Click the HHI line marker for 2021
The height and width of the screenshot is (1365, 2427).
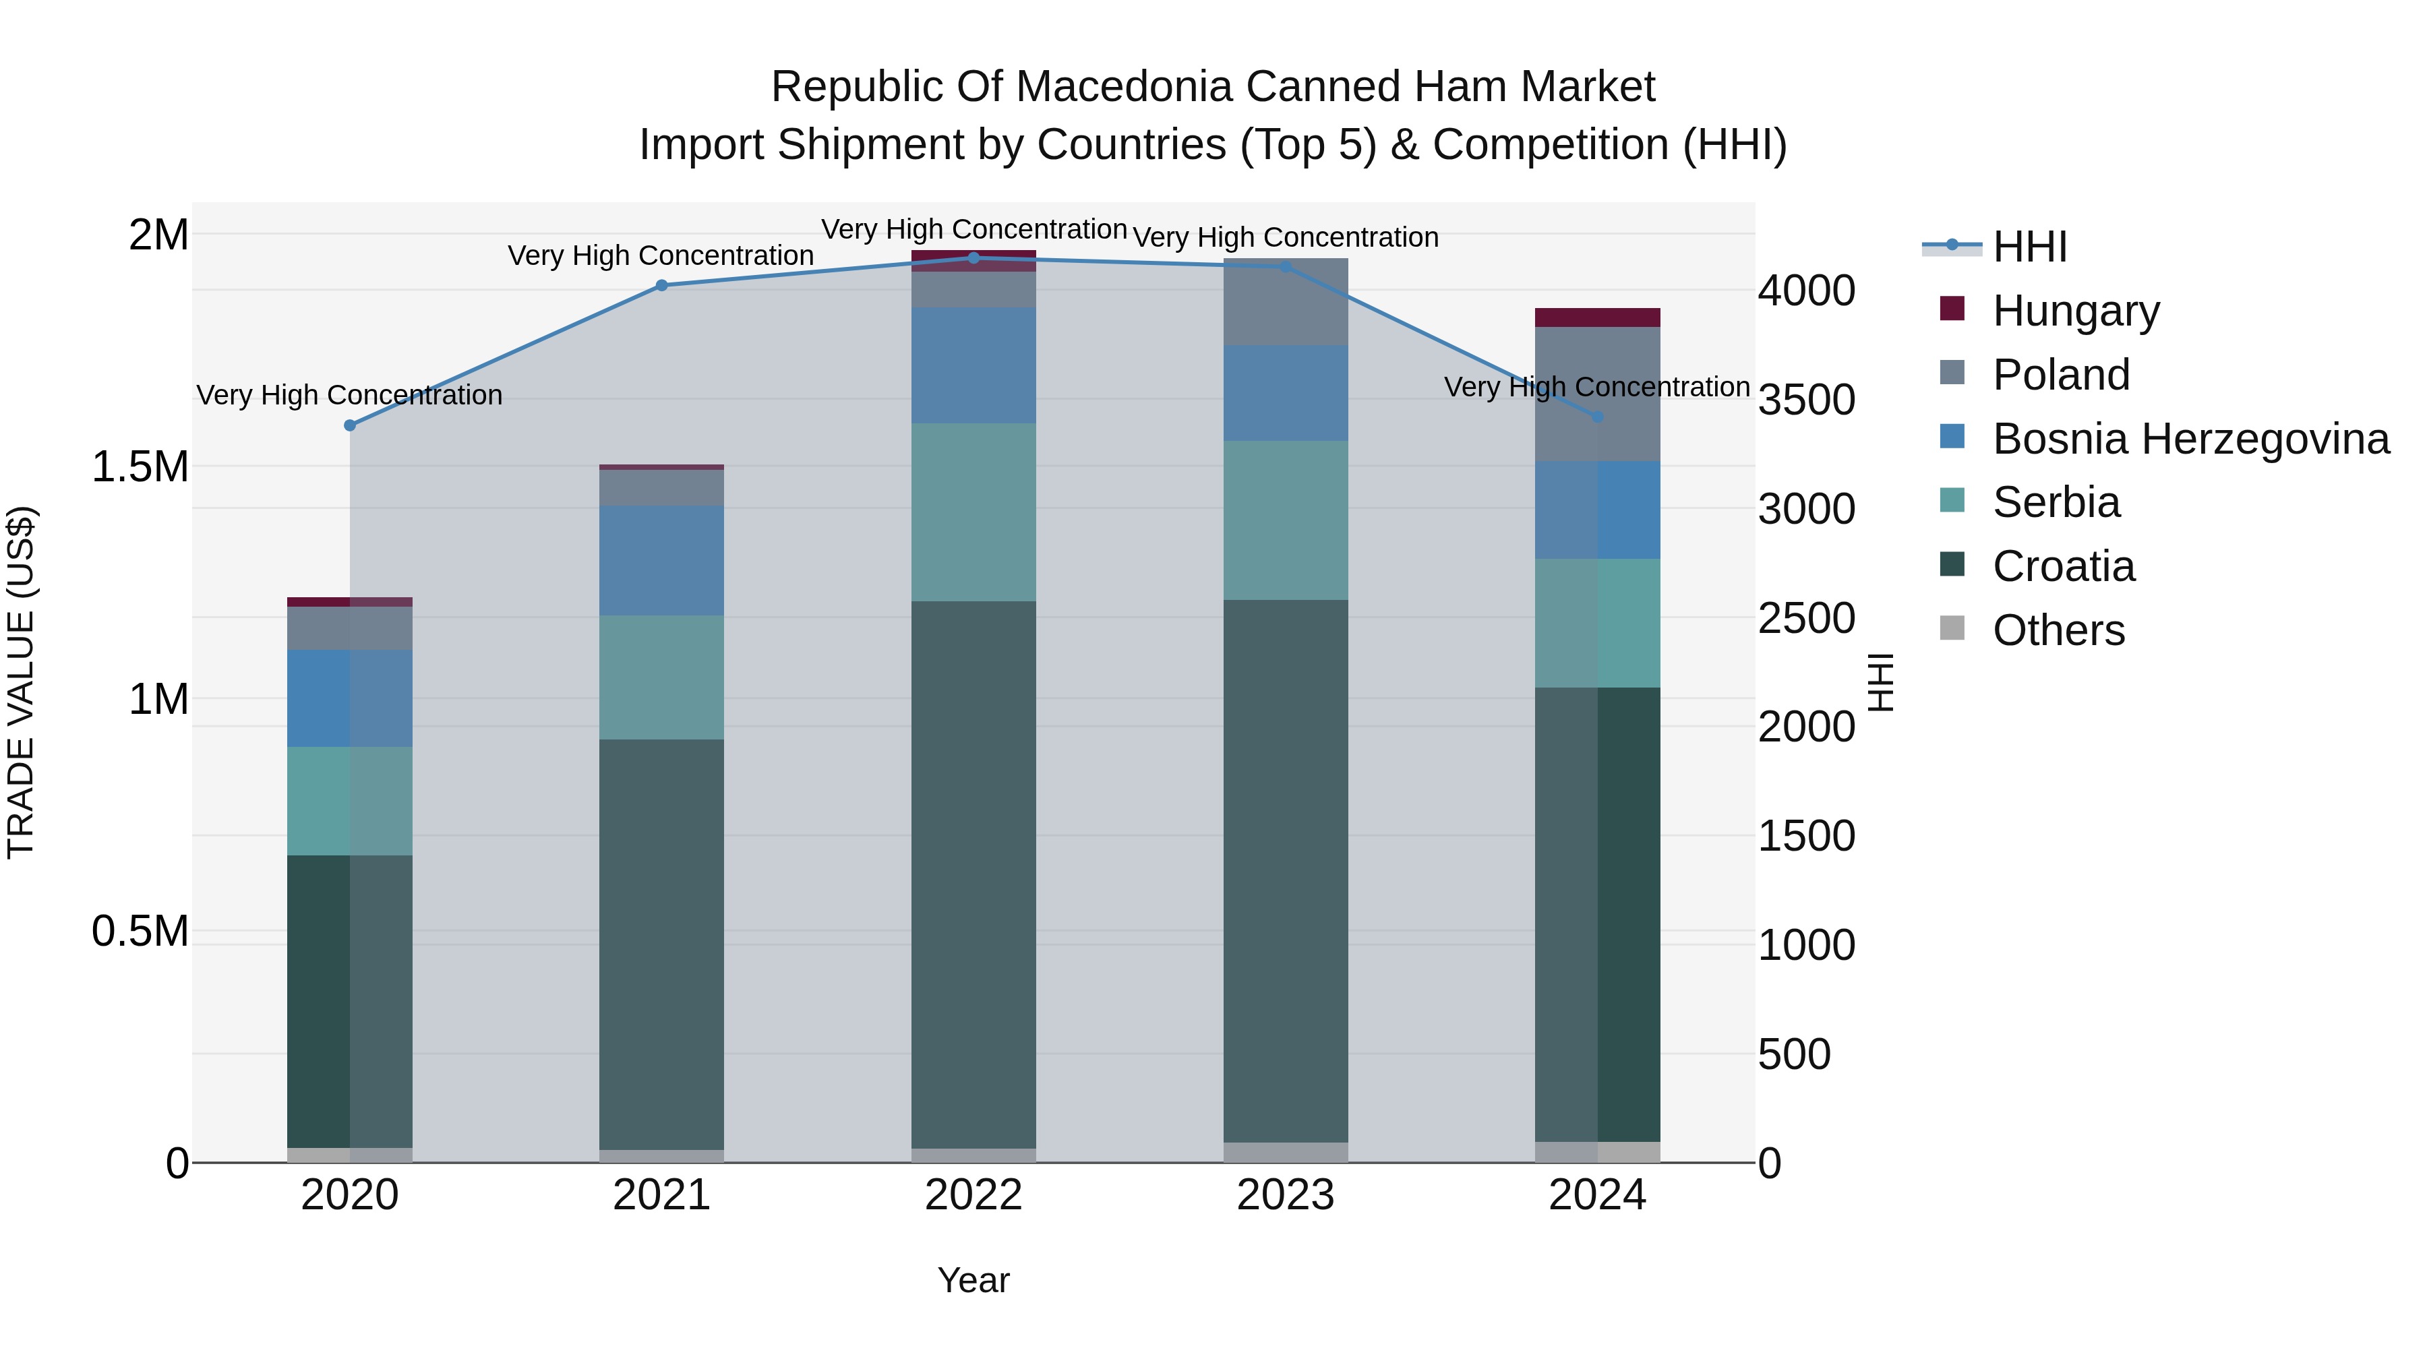(661, 285)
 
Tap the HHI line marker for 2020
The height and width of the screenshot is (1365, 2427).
(349, 425)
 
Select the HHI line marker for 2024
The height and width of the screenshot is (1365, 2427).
(1597, 417)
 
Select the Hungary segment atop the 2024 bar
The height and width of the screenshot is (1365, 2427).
(1597, 317)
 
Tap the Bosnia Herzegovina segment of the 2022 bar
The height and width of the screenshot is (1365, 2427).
(973, 365)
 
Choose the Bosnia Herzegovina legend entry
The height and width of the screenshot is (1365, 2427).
(2190, 438)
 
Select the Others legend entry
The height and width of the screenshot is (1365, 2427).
(2058, 630)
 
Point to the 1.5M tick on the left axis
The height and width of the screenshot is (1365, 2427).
(140, 466)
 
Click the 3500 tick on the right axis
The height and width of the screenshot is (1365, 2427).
(1806, 400)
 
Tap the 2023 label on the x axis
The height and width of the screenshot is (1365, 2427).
(1285, 1194)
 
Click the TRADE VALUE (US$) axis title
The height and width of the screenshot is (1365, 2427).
(21, 682)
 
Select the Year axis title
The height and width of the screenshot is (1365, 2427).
(973, 1279)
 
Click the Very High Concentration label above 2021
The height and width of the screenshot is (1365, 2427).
(661, 255)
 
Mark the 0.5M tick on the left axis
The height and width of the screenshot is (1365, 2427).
(140, 931)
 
